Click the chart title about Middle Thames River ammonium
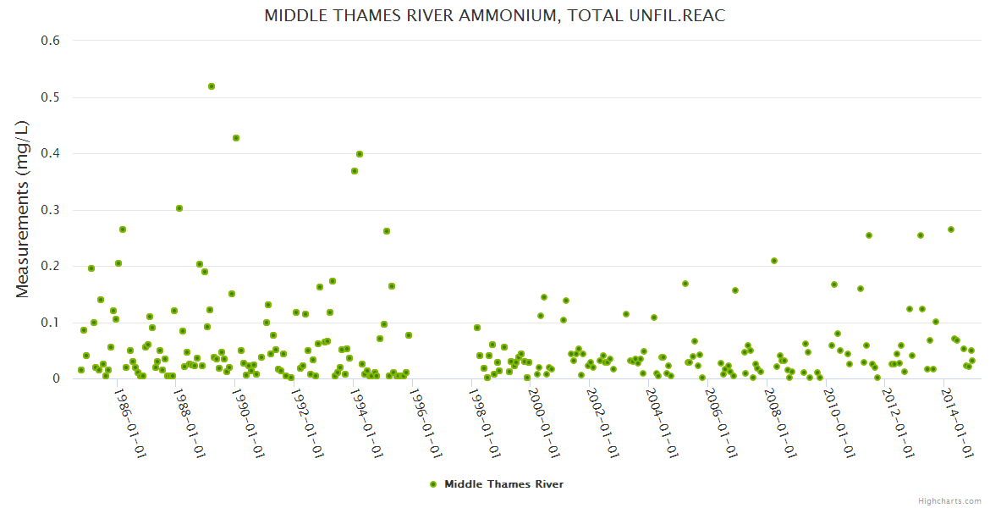coord(494,16)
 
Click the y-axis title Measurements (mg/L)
coord(23,208)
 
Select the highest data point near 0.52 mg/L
coord(212,86)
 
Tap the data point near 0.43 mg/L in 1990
coord(236,138)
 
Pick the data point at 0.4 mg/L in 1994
coord(360,154)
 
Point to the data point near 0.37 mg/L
coord(355,171)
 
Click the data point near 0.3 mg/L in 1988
coord(179,208)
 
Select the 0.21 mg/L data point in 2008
coord(774,261)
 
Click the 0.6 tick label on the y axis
coord(51,41)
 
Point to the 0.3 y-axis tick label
coord(51,210)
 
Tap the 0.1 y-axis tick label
coord(51,323)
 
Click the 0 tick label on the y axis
coord(57,378)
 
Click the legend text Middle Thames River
coord(503,484)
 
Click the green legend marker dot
coord(433,484)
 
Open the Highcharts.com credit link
coord(949,500)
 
